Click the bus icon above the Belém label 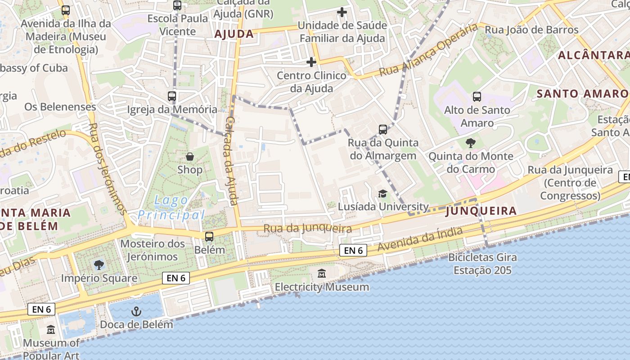pos(209,236)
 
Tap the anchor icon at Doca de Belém pos(136,311)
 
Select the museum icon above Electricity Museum pos(322,274)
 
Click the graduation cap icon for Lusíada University pos(382,193)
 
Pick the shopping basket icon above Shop pos(190,157)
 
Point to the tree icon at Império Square pos(99,265)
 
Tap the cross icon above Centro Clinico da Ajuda pos(311,62)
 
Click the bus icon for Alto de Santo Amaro pos(477,97)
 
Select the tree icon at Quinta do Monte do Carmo pos(471,143)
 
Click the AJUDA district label pos(234,34)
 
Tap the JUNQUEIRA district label pos(481,211)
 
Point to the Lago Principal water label pos(171,207)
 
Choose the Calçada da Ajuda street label pos(231,161)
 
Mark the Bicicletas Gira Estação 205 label pos(482,264)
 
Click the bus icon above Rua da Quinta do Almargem pos(383,130)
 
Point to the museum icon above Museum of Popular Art pos(51,330)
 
